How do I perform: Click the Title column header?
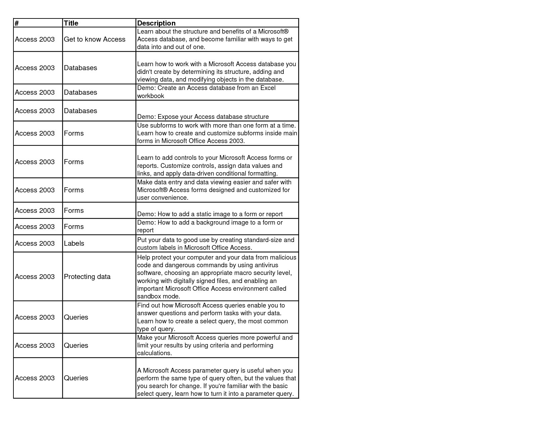pos(71,23)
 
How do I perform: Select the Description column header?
pos(156,23)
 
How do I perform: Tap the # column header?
pos(17,23)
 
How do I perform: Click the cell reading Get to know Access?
pos(94,39)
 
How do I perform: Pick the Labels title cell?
pos(74,243)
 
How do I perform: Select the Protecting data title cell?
pos(87,277)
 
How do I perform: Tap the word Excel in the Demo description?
pos(268,88)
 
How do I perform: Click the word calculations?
pos(154,353)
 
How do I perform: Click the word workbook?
pos(150,96)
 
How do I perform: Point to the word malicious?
pos(283,257)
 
